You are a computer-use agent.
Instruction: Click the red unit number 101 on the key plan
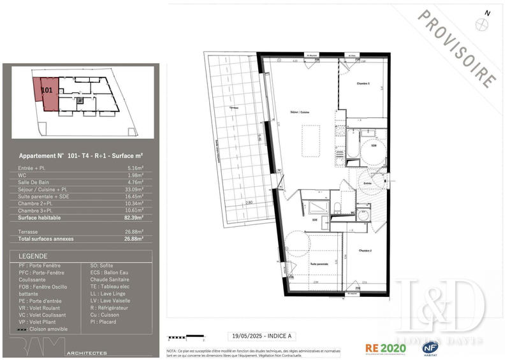[x=46, y=90]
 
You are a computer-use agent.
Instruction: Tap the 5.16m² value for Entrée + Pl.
[x=135, y=168]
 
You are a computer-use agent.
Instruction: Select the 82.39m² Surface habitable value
[x=133, y=217]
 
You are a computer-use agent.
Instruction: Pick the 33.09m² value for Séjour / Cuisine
[x=133, y=189]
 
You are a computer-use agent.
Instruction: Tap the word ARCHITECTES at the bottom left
[x=89, y=352]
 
